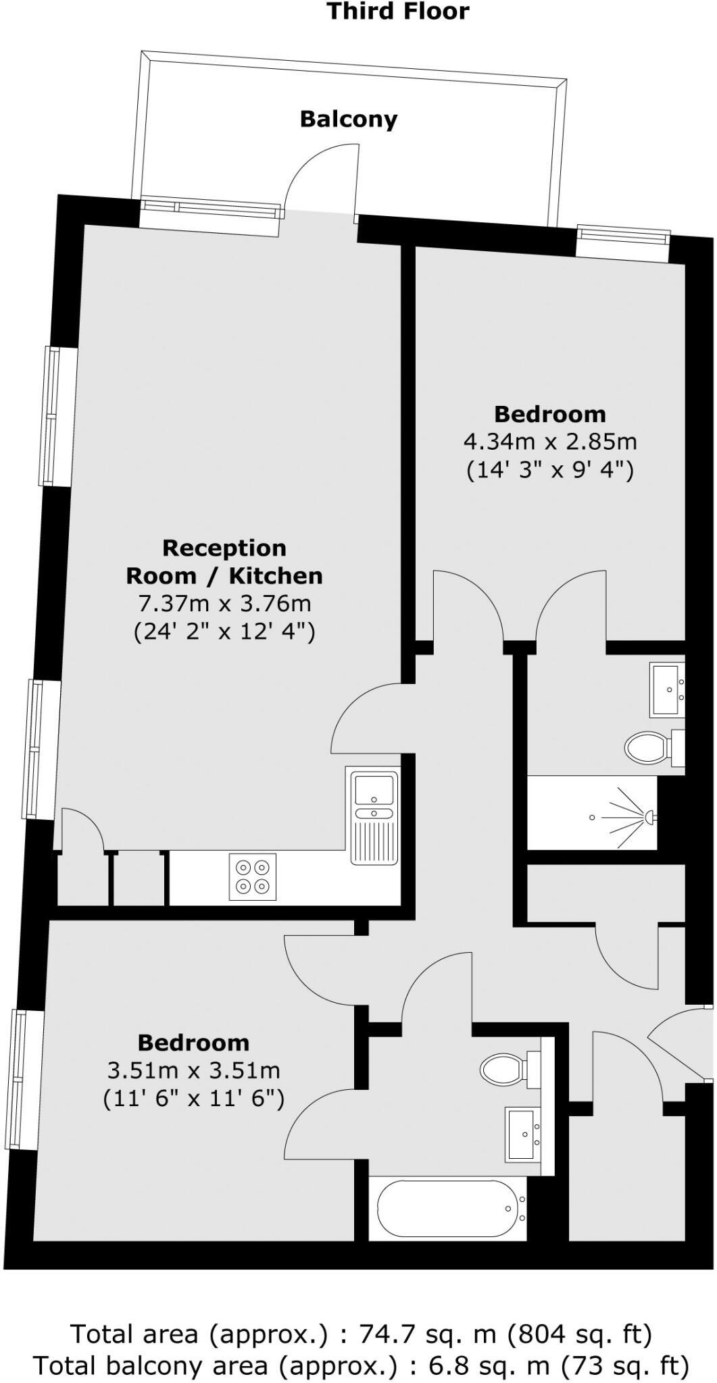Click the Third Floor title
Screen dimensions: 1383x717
tap(398, 11)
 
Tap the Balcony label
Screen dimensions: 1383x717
tap(348, 120)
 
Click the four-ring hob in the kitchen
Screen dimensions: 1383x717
tap(253, 877)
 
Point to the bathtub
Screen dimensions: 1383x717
tap(447, 1207)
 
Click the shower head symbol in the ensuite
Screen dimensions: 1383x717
tap(647, 817)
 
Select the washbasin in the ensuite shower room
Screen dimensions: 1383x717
tap(667, 689)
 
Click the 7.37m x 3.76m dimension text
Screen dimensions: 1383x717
tap(224, 603)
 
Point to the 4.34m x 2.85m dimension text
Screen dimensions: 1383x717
tap(549, 442)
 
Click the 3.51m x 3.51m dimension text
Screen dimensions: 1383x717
tap(193, 1070)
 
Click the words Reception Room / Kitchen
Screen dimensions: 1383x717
tap(224, 562)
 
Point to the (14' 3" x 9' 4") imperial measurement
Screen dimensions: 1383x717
tap(549, 470)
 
